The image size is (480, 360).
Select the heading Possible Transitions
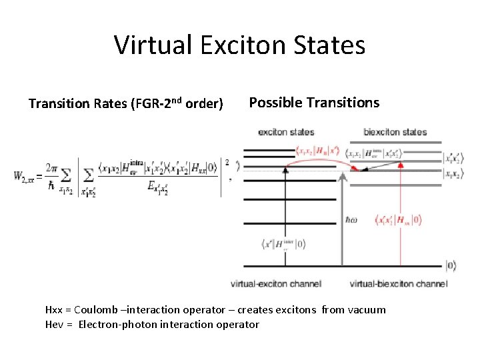314,103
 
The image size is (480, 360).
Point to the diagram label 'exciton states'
286,132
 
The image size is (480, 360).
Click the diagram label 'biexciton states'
395,132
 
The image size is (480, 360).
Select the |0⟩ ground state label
451,266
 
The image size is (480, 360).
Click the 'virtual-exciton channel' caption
276,283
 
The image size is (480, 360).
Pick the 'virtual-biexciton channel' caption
398,283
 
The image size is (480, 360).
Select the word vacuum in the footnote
365,309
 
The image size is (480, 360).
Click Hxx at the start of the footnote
54,309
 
